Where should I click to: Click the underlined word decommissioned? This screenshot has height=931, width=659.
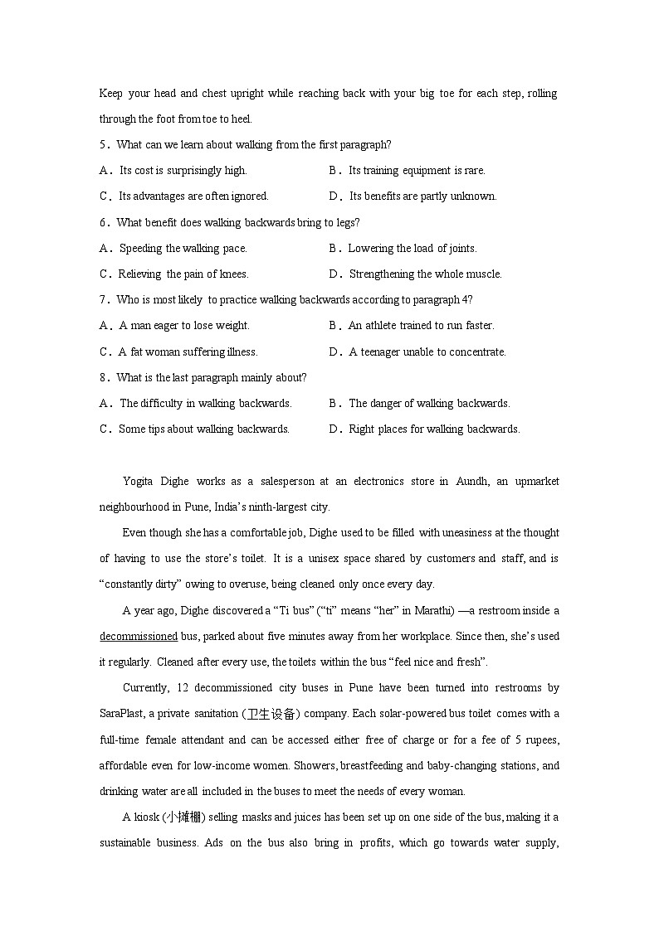(139, 637)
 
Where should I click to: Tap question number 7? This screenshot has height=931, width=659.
(104, 299)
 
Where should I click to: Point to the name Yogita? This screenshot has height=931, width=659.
(139, 481)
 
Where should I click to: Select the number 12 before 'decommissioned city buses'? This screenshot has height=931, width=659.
(183, 687)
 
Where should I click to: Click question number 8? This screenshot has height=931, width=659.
(104, 378)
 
